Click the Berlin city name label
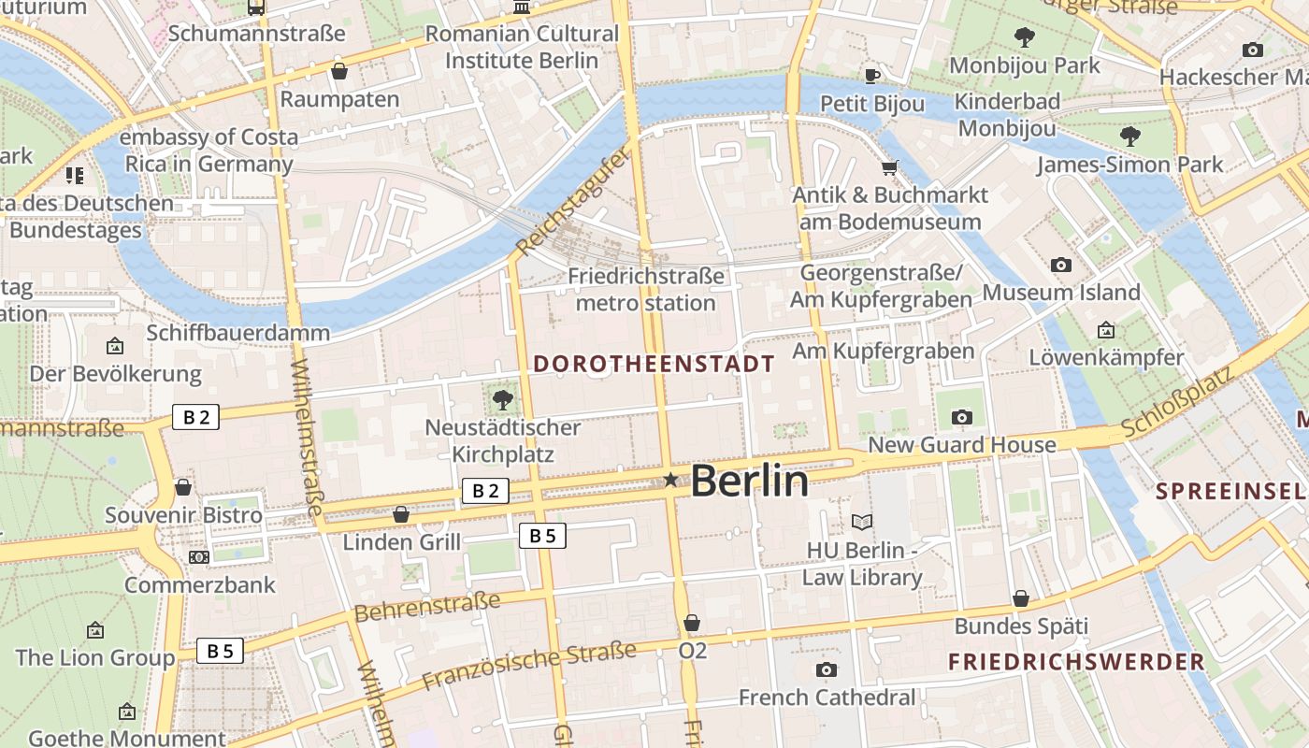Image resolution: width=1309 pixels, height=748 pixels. [x=749, y=481]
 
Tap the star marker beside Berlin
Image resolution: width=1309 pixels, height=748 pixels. [x=670, y=480]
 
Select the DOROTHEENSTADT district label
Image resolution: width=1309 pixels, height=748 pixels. [x=654, y=364]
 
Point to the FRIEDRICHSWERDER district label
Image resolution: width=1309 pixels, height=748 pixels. [x=1076, y=662]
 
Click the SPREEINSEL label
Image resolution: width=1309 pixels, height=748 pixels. [x=1230, y=491]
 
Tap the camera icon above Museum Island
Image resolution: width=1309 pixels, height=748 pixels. [x=1060, y=266]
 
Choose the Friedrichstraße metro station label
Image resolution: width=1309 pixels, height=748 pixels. [x=645, y=290]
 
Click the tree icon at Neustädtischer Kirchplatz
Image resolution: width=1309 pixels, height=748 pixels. [x=503, y=400]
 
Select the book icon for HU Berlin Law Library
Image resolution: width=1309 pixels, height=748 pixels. [x=861, y=522]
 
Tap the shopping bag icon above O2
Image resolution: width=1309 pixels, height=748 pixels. [x=692, y=623]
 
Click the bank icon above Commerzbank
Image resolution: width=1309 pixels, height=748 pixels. [x=199, y=557]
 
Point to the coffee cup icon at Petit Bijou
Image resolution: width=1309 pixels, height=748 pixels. [x=872, y=76]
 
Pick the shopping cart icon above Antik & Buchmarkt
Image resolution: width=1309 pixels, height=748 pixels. [x=889, y=168]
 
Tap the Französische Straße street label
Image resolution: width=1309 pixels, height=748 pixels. [x=529, y=666]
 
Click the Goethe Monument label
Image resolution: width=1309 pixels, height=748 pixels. [x=126, y=738]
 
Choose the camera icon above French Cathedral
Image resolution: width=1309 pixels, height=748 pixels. [x=827, y=669]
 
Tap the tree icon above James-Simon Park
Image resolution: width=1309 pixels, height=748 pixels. [x=1129, y=137]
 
